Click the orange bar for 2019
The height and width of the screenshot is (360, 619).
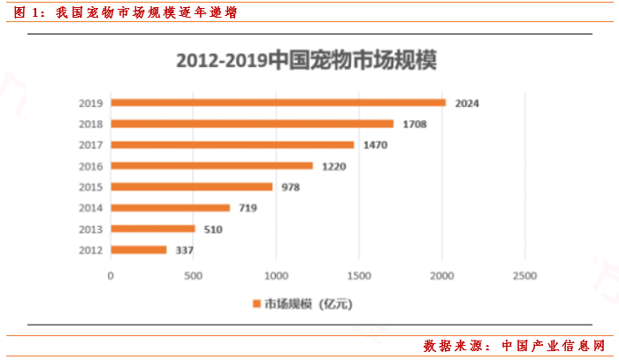point(279,103)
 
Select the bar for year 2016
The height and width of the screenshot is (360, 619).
point(212,165)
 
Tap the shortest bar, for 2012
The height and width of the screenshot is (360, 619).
point(139,250)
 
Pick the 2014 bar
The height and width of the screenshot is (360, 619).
point(171,208)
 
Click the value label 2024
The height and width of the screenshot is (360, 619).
point(466,103)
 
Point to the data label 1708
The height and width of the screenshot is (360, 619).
point(414,124)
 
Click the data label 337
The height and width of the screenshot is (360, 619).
point(185,250)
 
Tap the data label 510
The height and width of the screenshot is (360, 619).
point(213,229)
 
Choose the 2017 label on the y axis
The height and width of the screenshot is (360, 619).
point(91,145)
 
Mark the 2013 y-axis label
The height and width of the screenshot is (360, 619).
point(91,229)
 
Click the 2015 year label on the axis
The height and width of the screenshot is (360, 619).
point(91,187)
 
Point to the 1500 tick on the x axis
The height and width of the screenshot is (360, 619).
point(359,275)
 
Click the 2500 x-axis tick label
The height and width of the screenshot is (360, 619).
point(524,275)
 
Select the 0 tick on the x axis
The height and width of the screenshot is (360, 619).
point(111,275)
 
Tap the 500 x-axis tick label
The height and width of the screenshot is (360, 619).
point(194,275)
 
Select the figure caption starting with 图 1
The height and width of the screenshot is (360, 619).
point(125,12)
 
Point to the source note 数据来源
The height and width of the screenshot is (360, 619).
point(516,345)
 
